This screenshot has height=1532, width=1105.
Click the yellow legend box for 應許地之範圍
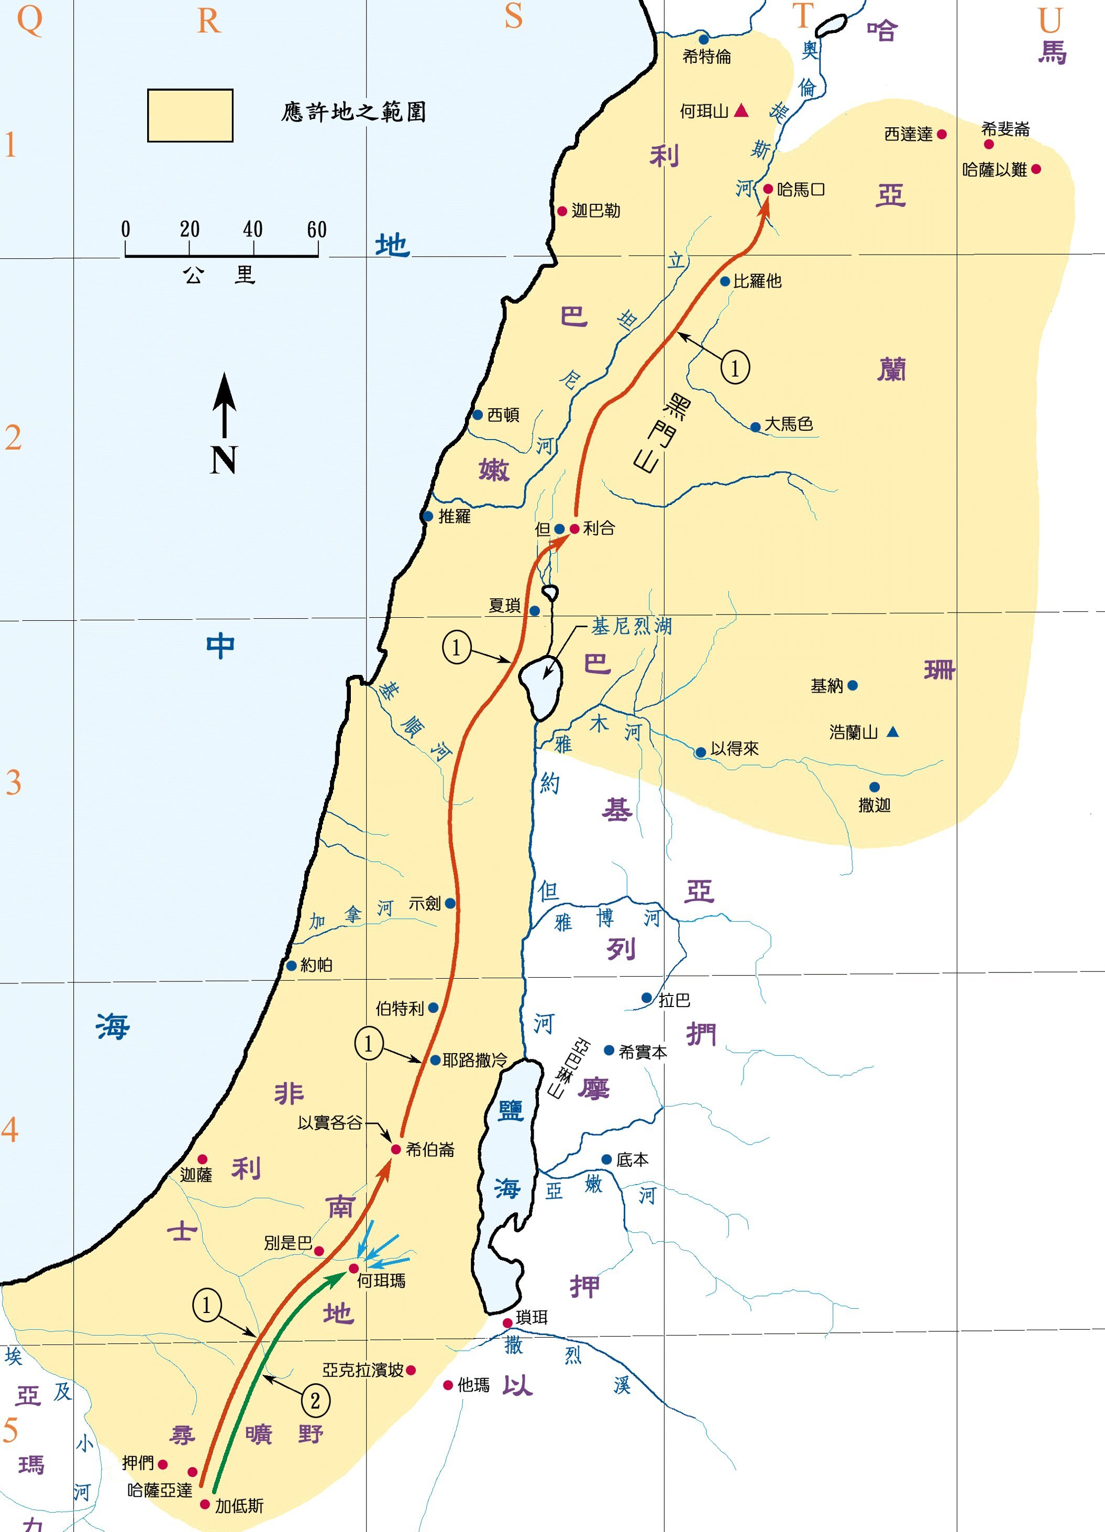click(190, 115)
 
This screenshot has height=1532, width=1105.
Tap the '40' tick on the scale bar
click(253, 229)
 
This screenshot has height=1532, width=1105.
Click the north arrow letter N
click(224, 460)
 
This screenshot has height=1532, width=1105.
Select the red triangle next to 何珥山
click(741, 110)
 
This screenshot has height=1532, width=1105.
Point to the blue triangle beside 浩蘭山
click(892, 731)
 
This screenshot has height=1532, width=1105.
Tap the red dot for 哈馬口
click(768, 189)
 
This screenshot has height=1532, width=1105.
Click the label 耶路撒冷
click(474, 1060)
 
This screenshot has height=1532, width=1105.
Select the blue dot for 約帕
click(292, 965)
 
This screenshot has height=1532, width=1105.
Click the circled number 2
click(315, 1401)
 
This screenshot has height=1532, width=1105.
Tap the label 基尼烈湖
click(631, 626)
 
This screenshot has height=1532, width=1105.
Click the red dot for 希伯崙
click(396, 1149)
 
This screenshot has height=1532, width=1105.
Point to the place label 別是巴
click(288, 1243)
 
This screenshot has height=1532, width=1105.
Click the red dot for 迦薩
click(202, 1159)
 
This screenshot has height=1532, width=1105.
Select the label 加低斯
click(239, 1506)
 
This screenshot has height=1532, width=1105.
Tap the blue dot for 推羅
click(427, 517)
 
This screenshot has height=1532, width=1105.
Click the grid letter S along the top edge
click(514, 16)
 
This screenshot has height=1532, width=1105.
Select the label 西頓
click(503, 415)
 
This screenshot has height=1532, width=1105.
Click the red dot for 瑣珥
click(507, 1322)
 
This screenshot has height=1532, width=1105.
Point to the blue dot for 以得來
click(701, 752)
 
